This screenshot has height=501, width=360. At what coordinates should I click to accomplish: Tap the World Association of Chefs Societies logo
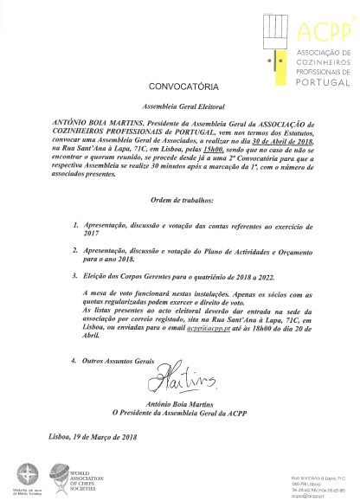click(71, 479)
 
